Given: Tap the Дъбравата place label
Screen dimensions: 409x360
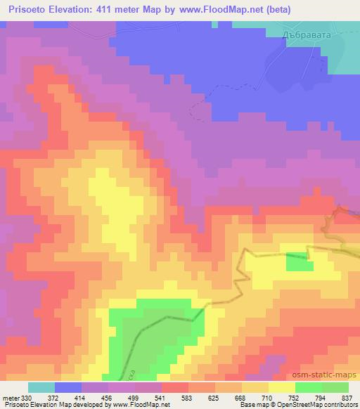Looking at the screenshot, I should (x=296, y=32).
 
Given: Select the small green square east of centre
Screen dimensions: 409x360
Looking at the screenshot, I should (x=300, y=261).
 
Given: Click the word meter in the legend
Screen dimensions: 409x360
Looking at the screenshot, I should (x=11, y=397).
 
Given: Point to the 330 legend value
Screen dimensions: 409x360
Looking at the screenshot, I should (x=27, y=397).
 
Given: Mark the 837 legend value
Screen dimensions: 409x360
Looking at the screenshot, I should (x=349, y=397).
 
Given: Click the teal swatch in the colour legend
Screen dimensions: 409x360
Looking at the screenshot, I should (x=41, y=387).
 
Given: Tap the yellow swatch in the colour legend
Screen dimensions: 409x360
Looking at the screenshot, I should (x=281, y=387).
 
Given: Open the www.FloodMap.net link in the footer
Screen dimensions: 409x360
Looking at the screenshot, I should (x=139, y=405).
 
